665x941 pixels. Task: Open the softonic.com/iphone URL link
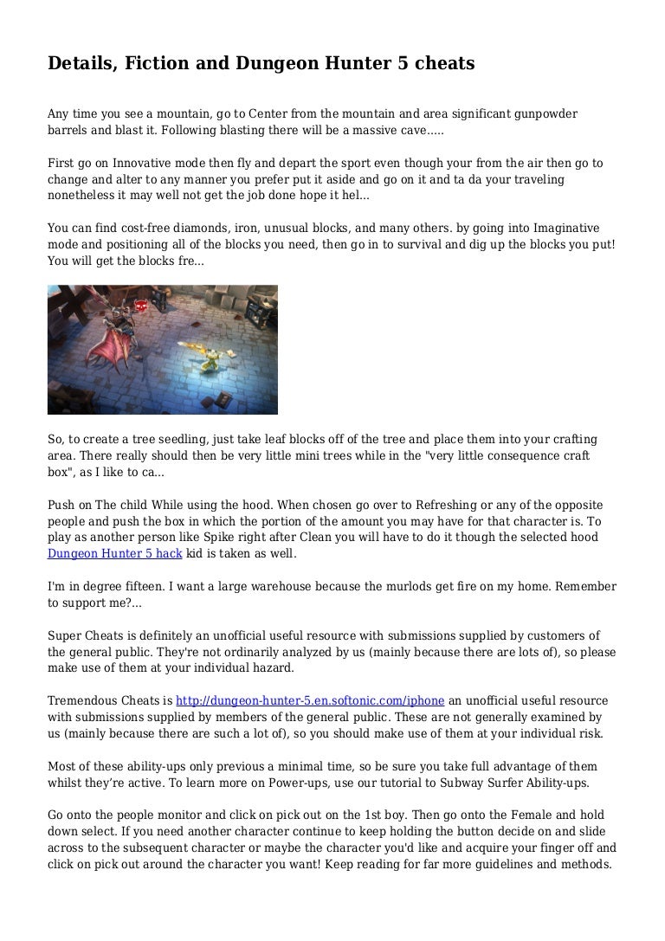coord(310,701)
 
